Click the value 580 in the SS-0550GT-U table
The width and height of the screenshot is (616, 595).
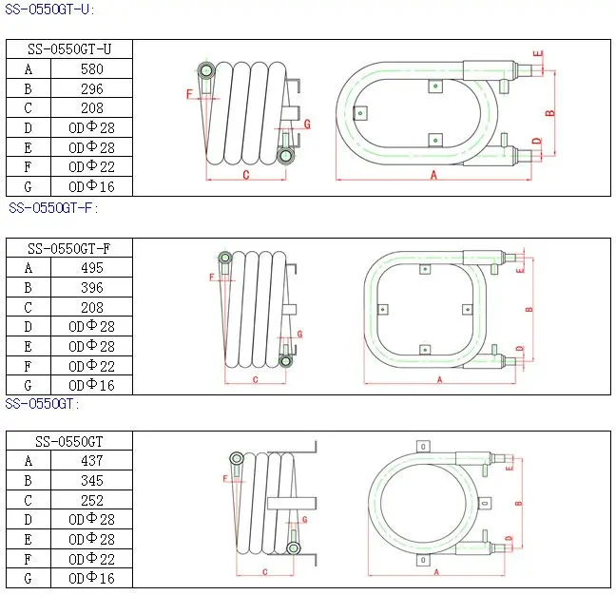pos(92,69)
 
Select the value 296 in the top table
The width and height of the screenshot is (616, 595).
pos(92,89)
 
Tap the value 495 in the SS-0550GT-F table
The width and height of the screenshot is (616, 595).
pos(92,268)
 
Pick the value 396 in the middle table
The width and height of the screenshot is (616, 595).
pos(92,288)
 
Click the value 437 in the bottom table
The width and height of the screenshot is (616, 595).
pos(92,461)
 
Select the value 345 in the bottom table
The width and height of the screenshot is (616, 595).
pos(92,481)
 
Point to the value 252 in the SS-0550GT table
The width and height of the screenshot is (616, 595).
pos(92,501)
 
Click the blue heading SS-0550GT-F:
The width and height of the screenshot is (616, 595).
pos(53,208)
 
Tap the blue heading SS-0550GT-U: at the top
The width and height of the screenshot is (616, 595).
pos(49,10)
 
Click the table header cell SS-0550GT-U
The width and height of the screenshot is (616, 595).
pos(69,49)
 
